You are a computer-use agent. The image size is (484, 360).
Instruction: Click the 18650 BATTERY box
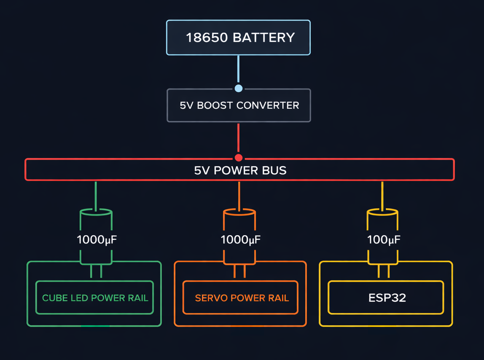click(238, 38)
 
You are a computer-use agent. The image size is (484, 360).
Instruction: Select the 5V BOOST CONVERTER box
click(239, 105)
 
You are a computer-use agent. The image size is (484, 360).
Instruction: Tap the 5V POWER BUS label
click(240, 170)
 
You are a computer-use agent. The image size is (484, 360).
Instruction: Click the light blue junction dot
click(239, 88)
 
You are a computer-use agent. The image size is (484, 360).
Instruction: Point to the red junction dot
click(239, 158)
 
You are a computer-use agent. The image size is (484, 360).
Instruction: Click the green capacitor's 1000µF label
click(97, 240)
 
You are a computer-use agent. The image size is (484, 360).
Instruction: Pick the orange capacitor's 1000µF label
click(240, 240)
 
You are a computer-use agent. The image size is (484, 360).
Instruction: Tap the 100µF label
click(383, 240)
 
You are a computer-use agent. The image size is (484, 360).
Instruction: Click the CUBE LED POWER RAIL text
click(95, 298)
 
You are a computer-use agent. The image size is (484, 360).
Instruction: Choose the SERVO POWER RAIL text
click(242, 298)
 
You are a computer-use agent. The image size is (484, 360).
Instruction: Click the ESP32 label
click(387, 298)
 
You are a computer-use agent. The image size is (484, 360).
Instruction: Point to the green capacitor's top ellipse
click(96, 212)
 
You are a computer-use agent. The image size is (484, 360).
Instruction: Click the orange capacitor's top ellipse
click(239, 212)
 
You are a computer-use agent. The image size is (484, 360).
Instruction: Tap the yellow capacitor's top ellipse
click(382, 212)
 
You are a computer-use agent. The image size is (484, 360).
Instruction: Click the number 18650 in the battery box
click(207, 38)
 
